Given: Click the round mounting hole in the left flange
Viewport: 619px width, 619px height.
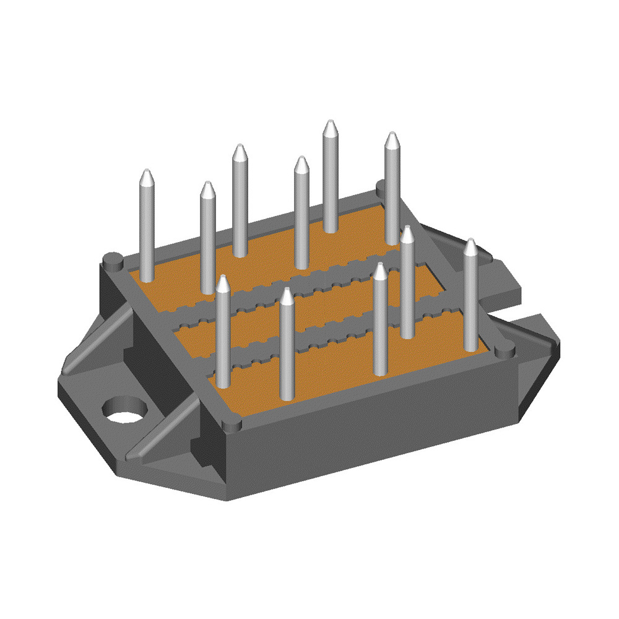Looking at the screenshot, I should click(126, 410).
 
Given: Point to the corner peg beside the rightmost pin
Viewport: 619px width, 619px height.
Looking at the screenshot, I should click(505, 352).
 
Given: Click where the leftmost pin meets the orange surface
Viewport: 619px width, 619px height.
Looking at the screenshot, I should click(147, 277).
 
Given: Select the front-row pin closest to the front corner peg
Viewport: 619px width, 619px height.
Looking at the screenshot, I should click(287, 347).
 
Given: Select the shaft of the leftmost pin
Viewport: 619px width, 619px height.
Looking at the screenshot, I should click(147, 229).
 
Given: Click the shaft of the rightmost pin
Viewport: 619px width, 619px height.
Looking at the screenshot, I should click(471, 297).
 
